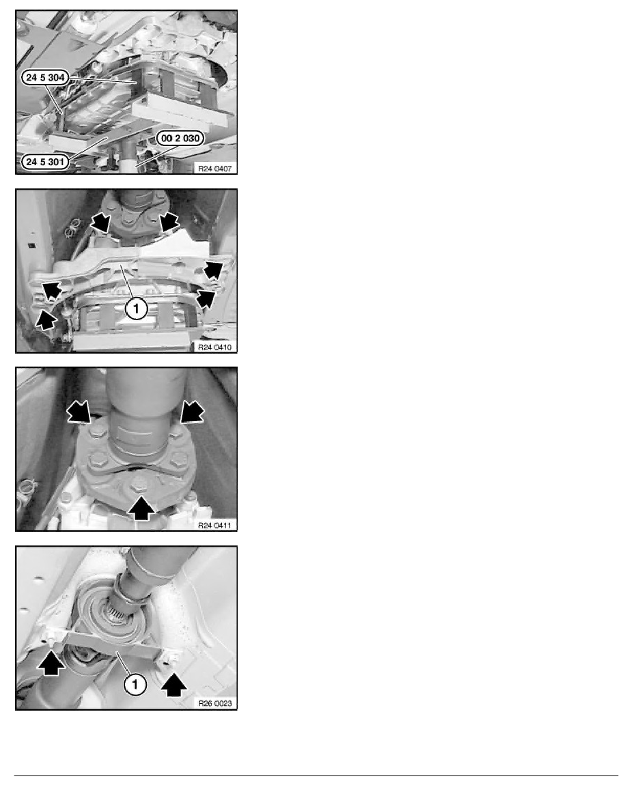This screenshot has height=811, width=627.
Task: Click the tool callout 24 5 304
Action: tap(46, 78)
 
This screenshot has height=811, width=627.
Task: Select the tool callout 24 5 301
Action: tap(45, 162)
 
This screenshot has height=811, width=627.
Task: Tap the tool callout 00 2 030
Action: tap(180, 138)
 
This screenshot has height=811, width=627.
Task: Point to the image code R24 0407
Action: tap(215, 168)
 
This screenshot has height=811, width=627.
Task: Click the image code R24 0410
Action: tap(215, 347)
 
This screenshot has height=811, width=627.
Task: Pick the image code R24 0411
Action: tap(215, 526)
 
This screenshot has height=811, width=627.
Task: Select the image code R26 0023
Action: tap(215, 703)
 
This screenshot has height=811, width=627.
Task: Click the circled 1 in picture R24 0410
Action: tap(136, 309)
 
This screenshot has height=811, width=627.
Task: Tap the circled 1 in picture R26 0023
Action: tap(135, 685)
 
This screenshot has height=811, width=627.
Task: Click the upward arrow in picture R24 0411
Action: tap(141, 507)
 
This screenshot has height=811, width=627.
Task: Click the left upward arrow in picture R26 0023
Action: tap(51, 663)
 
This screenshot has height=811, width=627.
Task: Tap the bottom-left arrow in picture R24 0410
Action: tap(46, 320)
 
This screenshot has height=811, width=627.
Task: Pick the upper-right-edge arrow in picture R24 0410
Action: tap(213, 270)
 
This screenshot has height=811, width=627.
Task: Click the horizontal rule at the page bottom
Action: tap(316, 776)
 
